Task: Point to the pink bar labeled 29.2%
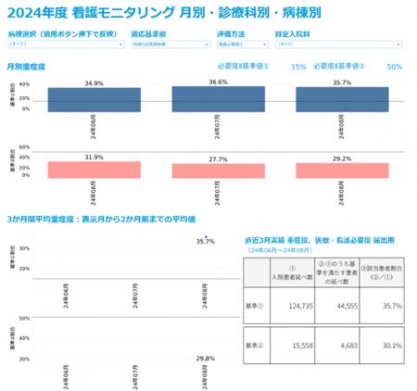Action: pyautogui.click(x=342, y=170)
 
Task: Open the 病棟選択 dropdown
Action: pyautogui.click(x=65, y=44)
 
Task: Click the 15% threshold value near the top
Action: pyautogui.click(x=298, y=67)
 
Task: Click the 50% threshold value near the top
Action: pyautogui.click(x=394, y=67)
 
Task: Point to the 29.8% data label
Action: pyautogui.click(x=206, y=358)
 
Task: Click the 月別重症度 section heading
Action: pyautogui.click(x=26, y=67)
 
